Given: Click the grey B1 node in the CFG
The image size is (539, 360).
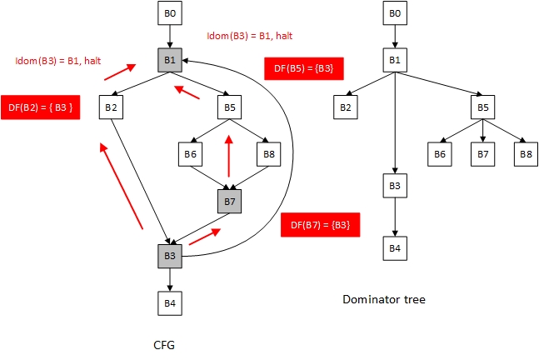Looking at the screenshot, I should pos(170,60).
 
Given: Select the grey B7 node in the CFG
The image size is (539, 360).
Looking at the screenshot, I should pos(229,201).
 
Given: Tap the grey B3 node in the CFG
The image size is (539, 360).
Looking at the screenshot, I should pos(170,256).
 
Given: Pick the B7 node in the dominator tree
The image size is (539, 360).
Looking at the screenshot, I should pos(482,153).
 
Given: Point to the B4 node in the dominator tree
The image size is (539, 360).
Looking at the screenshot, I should pos(396,247).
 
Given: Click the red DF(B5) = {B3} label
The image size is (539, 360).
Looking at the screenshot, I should pos(303,68).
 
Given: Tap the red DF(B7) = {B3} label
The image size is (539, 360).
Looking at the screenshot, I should pos(320,223).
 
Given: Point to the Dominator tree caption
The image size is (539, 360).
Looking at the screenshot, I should pos(385,297).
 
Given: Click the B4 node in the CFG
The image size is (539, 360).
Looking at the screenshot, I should pos(170,303).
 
